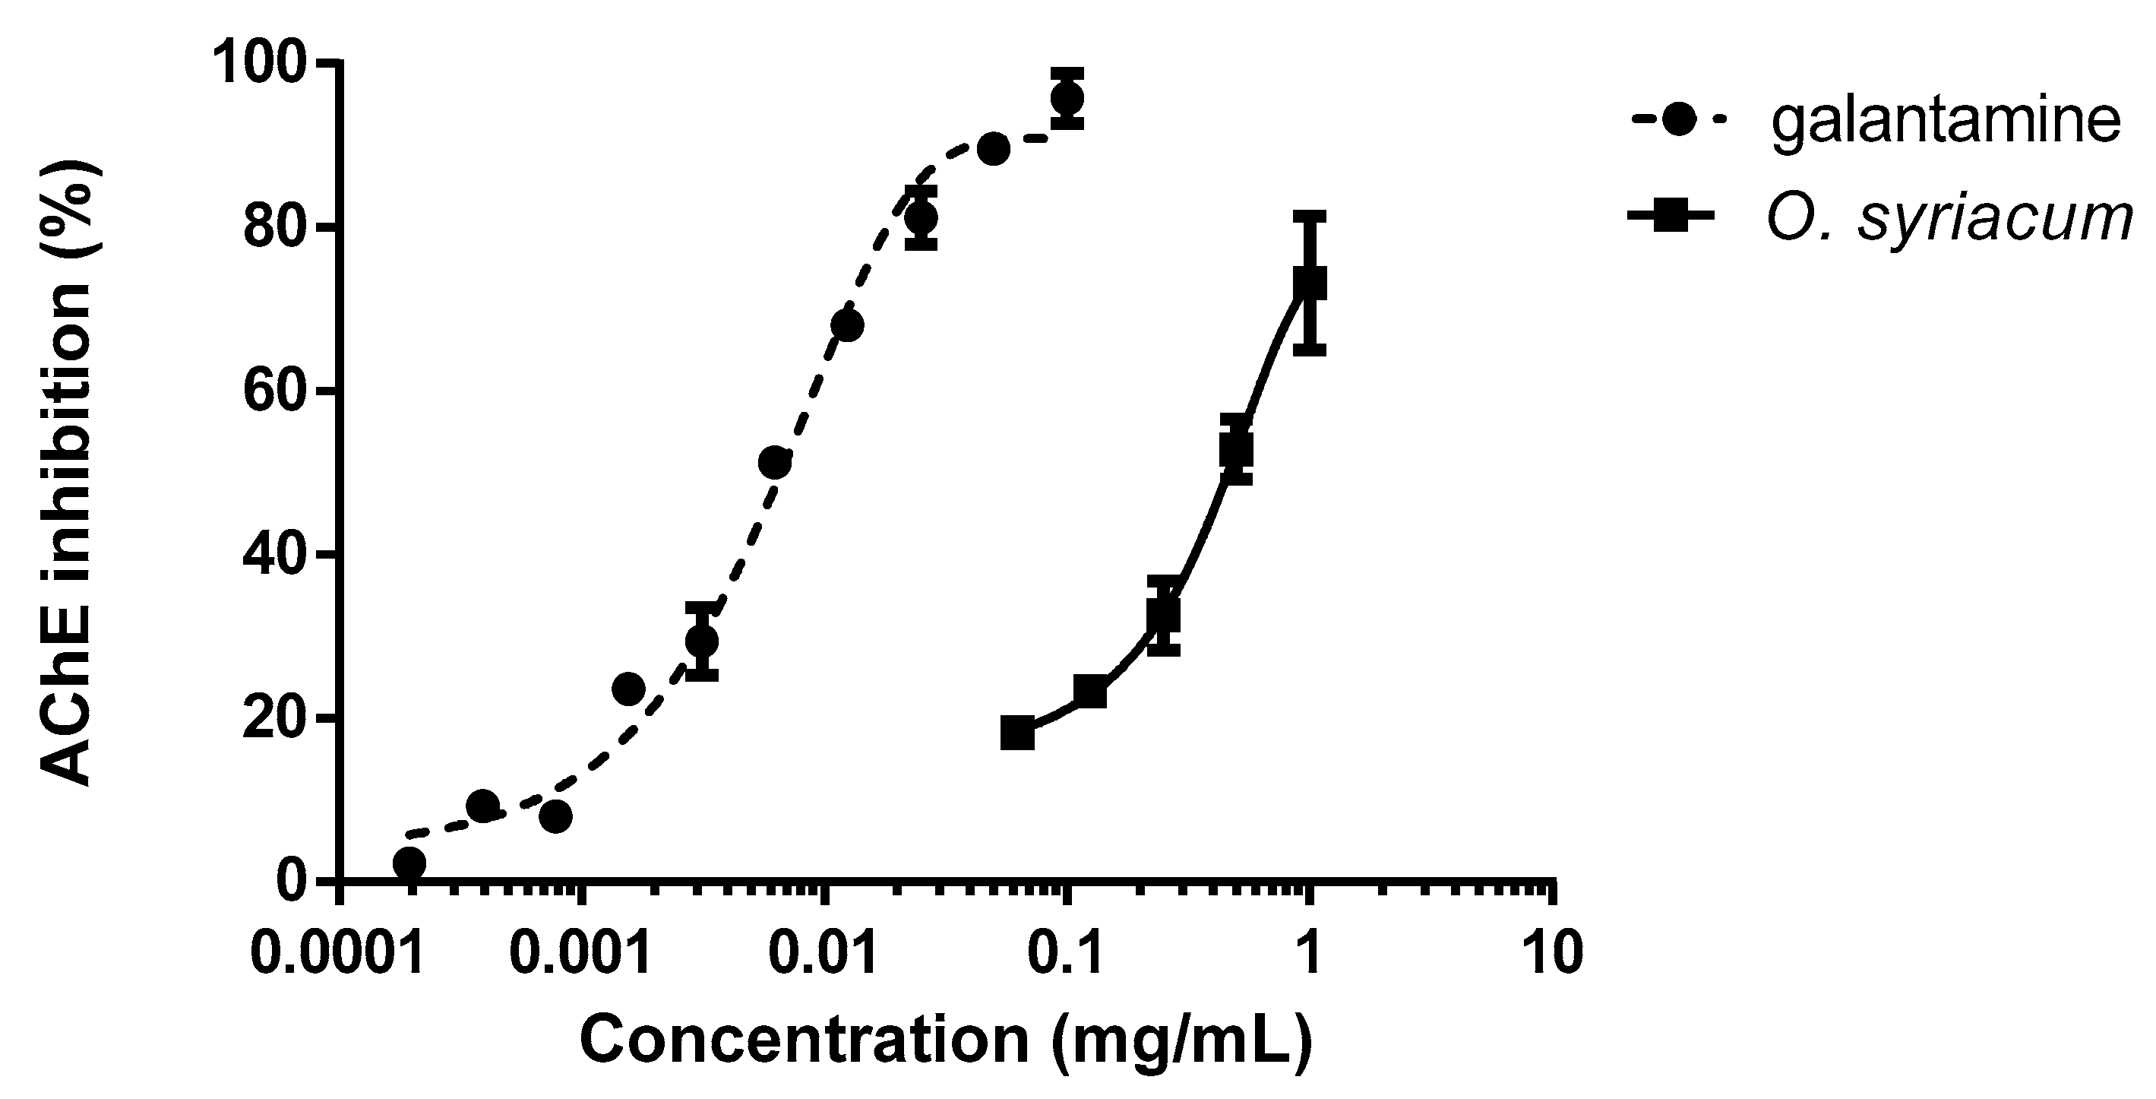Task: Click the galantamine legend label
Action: click(x=1945, y=122)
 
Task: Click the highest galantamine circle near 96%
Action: click(x=1067, y=98)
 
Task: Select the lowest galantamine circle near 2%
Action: click(x=409, y=862)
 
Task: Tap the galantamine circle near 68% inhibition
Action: click(x=847, y=325)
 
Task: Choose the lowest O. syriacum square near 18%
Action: click(x=1017, y=733)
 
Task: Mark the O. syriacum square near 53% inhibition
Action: click(x=1236, y=449)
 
